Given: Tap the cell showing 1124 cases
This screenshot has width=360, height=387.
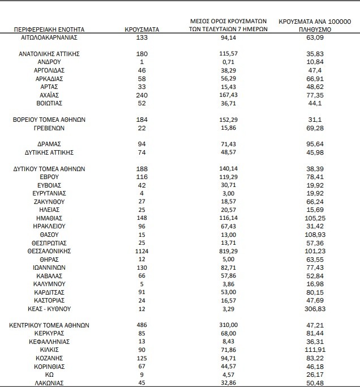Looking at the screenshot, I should click(x=142, y=250).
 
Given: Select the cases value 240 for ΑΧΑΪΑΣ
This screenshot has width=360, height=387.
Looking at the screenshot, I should click(x=142, y=95).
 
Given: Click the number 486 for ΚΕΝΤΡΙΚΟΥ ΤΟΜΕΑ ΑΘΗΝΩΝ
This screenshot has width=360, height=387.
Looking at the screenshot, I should click(x=142, y=326).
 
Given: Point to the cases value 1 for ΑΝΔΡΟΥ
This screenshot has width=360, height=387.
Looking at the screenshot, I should click(x=142, y=62).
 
